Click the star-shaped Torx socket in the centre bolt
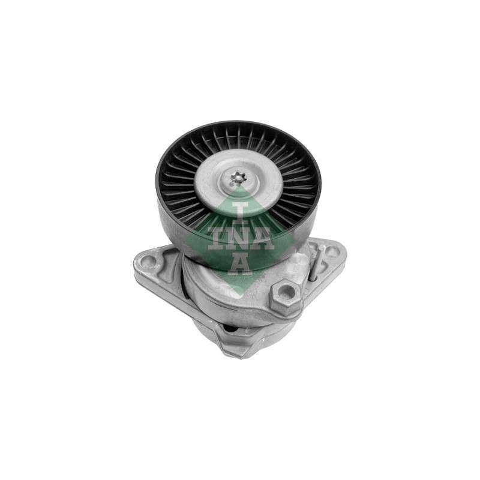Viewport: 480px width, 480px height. tap(236, 178)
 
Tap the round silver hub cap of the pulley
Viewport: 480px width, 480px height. tap(238, 181)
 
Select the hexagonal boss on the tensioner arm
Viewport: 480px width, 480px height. tap(286, 293)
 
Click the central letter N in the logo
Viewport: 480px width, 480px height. tap(239, 239)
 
